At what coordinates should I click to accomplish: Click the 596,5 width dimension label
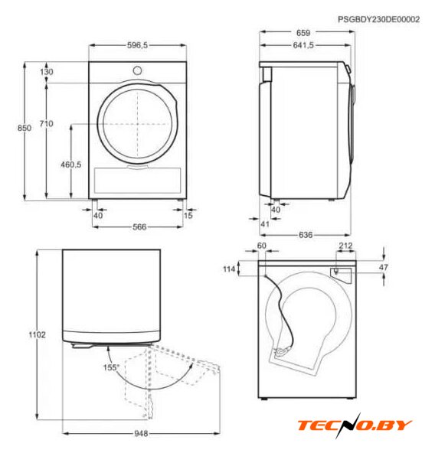click(x=137, y=45)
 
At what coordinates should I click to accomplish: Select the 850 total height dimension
click(x=25, y=128)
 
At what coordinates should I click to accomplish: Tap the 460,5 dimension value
click(x=71, y=165)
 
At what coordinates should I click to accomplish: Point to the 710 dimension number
click(x=46, y=124)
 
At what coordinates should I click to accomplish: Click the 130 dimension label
click(x=46, y=72)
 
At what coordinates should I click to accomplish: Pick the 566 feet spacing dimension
click(x=139, y=226)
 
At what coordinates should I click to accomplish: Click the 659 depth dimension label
click(x=303, y=33)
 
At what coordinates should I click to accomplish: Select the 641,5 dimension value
click(x=303, y=45)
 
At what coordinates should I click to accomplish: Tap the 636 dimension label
click(x=306, y=235)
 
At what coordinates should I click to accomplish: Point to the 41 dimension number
click(x=265, y=224)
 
